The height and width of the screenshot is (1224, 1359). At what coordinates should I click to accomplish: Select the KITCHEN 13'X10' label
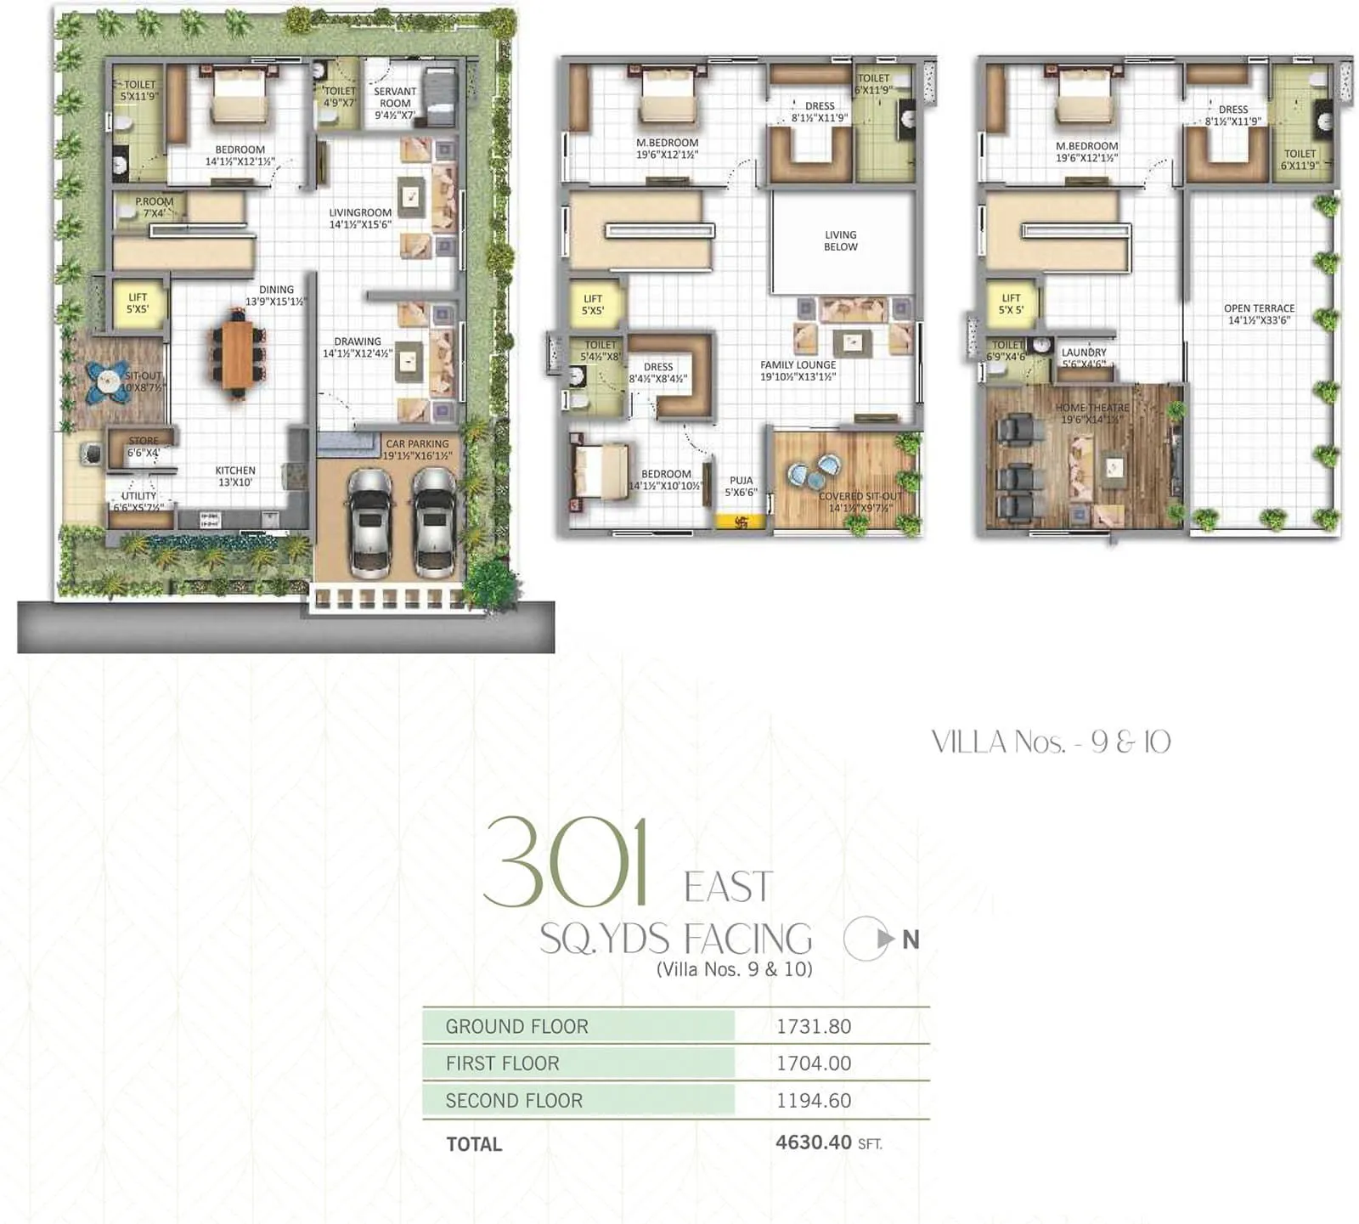click(235, 476)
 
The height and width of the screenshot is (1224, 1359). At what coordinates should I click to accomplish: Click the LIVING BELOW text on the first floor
click(840, 240)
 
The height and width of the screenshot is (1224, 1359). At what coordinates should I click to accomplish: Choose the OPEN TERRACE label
click(1259, 314)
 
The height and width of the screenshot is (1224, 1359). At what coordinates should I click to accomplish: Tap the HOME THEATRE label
click(1091, 413)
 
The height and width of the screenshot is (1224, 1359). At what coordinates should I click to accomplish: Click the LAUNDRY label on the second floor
click(1084, 358)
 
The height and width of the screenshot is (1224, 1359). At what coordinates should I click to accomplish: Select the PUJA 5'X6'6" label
click(741, 486)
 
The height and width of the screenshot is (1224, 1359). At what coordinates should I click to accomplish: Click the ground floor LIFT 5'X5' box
click(138, 303)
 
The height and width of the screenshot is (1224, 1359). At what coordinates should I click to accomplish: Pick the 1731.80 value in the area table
click(813, 1026)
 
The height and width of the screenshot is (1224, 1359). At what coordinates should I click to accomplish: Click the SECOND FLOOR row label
click(514, 1100)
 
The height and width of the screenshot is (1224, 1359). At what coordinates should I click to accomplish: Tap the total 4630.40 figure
click(813, 1142)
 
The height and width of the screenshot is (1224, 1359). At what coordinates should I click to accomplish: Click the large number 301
click(567, 861)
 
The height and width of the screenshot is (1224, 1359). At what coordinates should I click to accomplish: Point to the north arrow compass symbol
click(866, 939)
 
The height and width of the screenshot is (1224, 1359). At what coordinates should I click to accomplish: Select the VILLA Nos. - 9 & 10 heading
click(1051, 742)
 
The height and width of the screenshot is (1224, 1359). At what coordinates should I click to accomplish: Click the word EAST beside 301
click(728, 888)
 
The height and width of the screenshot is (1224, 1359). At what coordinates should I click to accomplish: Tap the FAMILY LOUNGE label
click(798, 370)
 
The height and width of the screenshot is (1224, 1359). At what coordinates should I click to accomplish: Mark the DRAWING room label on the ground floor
click(357, 347)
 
